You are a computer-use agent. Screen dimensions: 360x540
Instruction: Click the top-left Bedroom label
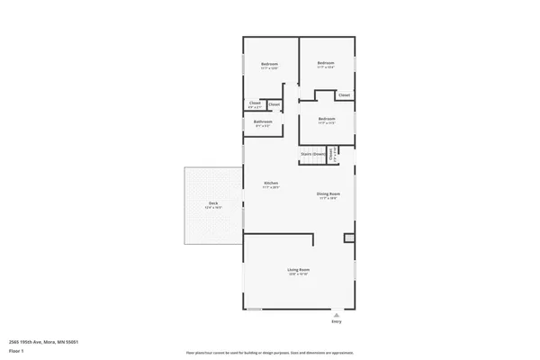(269, 63)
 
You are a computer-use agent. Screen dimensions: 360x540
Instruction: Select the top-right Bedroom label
(326, 62)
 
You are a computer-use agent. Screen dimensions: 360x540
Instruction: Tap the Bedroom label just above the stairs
(326, 118)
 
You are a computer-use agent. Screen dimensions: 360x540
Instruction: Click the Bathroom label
(263, 121)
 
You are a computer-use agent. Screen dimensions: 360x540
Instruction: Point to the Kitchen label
(271, 184)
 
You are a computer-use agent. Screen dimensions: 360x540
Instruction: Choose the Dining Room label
(327, 193)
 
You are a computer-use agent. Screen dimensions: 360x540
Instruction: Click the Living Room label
(299, 270)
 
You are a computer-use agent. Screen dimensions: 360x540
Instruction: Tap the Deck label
(213, 203)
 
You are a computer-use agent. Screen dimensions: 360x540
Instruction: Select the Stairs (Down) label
(312, 154)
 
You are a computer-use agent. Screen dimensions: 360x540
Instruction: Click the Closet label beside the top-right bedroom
(344, 94)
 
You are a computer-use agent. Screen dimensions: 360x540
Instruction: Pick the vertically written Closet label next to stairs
(331, 154)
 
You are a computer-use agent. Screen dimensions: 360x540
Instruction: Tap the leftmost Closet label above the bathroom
(255, 103)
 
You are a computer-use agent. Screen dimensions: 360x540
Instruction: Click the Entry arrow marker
(337, 314)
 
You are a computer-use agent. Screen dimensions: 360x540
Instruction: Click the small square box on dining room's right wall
(349, 238)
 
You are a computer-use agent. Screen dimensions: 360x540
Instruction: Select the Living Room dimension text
(299, 274)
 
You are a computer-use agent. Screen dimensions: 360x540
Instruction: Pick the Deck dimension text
(213, 208)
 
